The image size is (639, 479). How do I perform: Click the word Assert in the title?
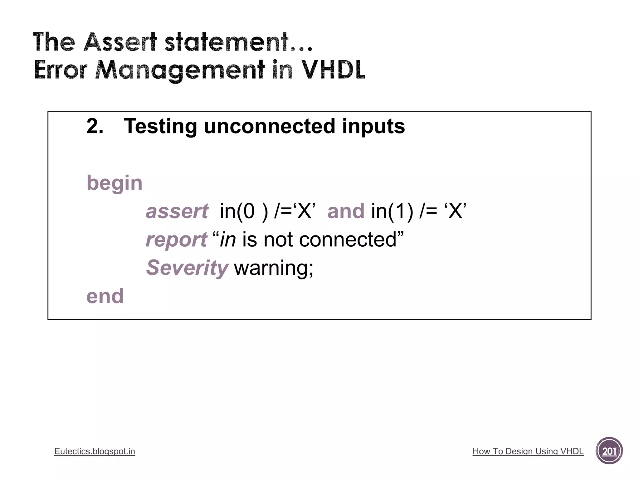[120, 42]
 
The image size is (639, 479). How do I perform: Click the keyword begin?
[114, 183]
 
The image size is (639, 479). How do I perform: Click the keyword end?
[105, 296]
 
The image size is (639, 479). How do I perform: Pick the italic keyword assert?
[177, 211]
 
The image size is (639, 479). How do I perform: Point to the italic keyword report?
[176, 240]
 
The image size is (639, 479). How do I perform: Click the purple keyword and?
[346, 211]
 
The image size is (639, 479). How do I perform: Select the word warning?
[274, 268]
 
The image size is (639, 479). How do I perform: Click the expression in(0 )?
[244, 211]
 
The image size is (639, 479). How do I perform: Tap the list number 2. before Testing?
[95, 127]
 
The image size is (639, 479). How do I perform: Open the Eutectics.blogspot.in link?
[95, 451]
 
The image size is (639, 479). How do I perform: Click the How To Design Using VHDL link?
[528, 451]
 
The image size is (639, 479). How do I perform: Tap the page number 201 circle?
[609, 451]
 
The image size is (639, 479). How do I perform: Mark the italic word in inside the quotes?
[227, 239]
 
